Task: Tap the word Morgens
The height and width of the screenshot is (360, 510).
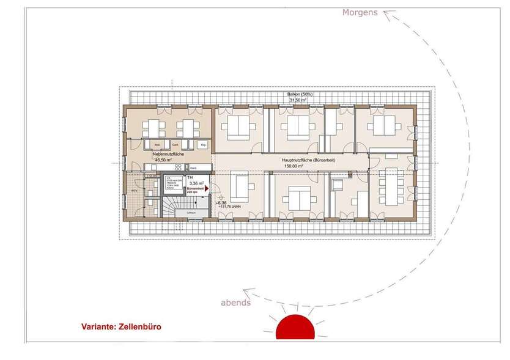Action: coord(360,12)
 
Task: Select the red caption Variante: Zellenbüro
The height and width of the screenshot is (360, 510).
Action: coord(122,326)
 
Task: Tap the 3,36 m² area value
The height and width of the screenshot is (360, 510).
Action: coord(197,183)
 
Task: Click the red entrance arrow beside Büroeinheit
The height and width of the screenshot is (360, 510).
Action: coord(207,189)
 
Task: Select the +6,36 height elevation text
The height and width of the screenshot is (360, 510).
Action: coord(221,202)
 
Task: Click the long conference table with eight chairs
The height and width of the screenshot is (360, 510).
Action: coord(390,184)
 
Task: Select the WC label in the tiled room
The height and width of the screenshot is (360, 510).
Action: coord(134,190)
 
